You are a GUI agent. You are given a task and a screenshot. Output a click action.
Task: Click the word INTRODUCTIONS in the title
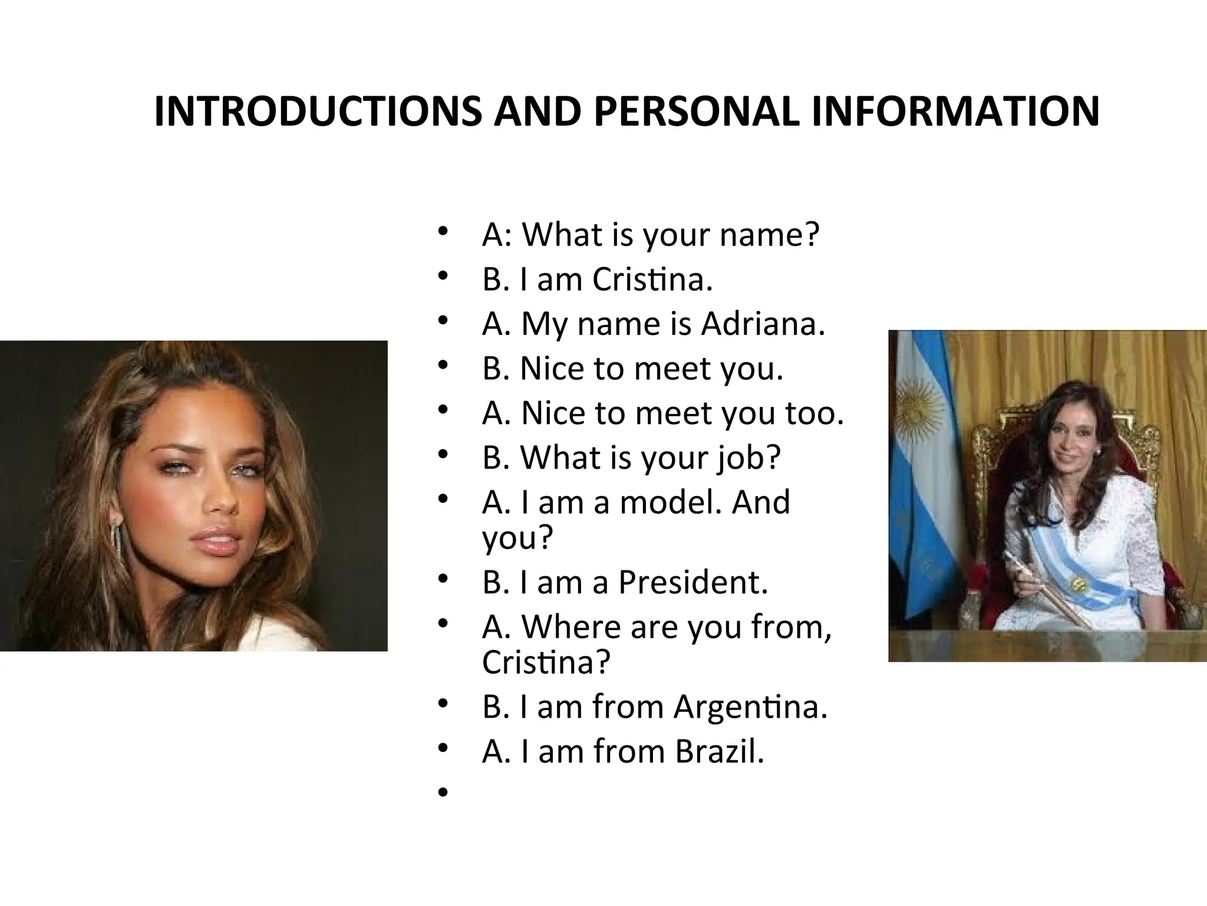click(317, 111)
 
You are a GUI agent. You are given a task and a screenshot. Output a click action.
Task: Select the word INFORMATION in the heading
click(955, 111)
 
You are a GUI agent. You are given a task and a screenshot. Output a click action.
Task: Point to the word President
click(692, 582)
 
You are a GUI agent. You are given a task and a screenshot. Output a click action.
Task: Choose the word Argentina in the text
click(750, 707)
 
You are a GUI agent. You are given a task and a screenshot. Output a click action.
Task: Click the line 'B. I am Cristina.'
click(597, 279)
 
